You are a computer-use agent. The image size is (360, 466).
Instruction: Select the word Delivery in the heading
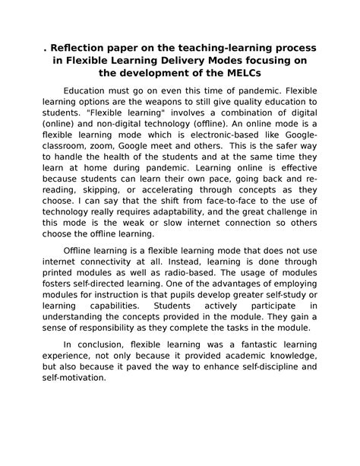[188, 62]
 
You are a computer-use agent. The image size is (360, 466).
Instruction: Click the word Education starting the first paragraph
[90, 89]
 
